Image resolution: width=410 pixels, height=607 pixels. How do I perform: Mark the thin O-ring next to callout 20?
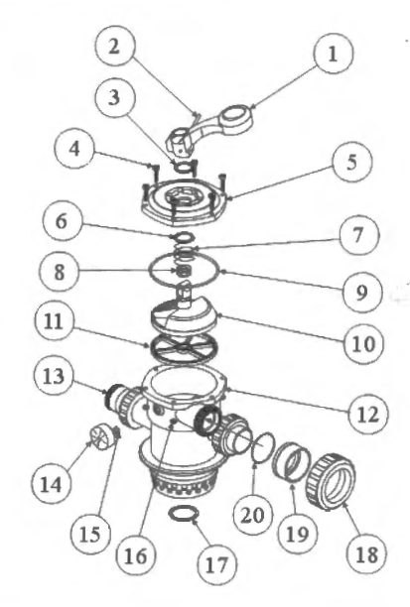coord(260,446)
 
